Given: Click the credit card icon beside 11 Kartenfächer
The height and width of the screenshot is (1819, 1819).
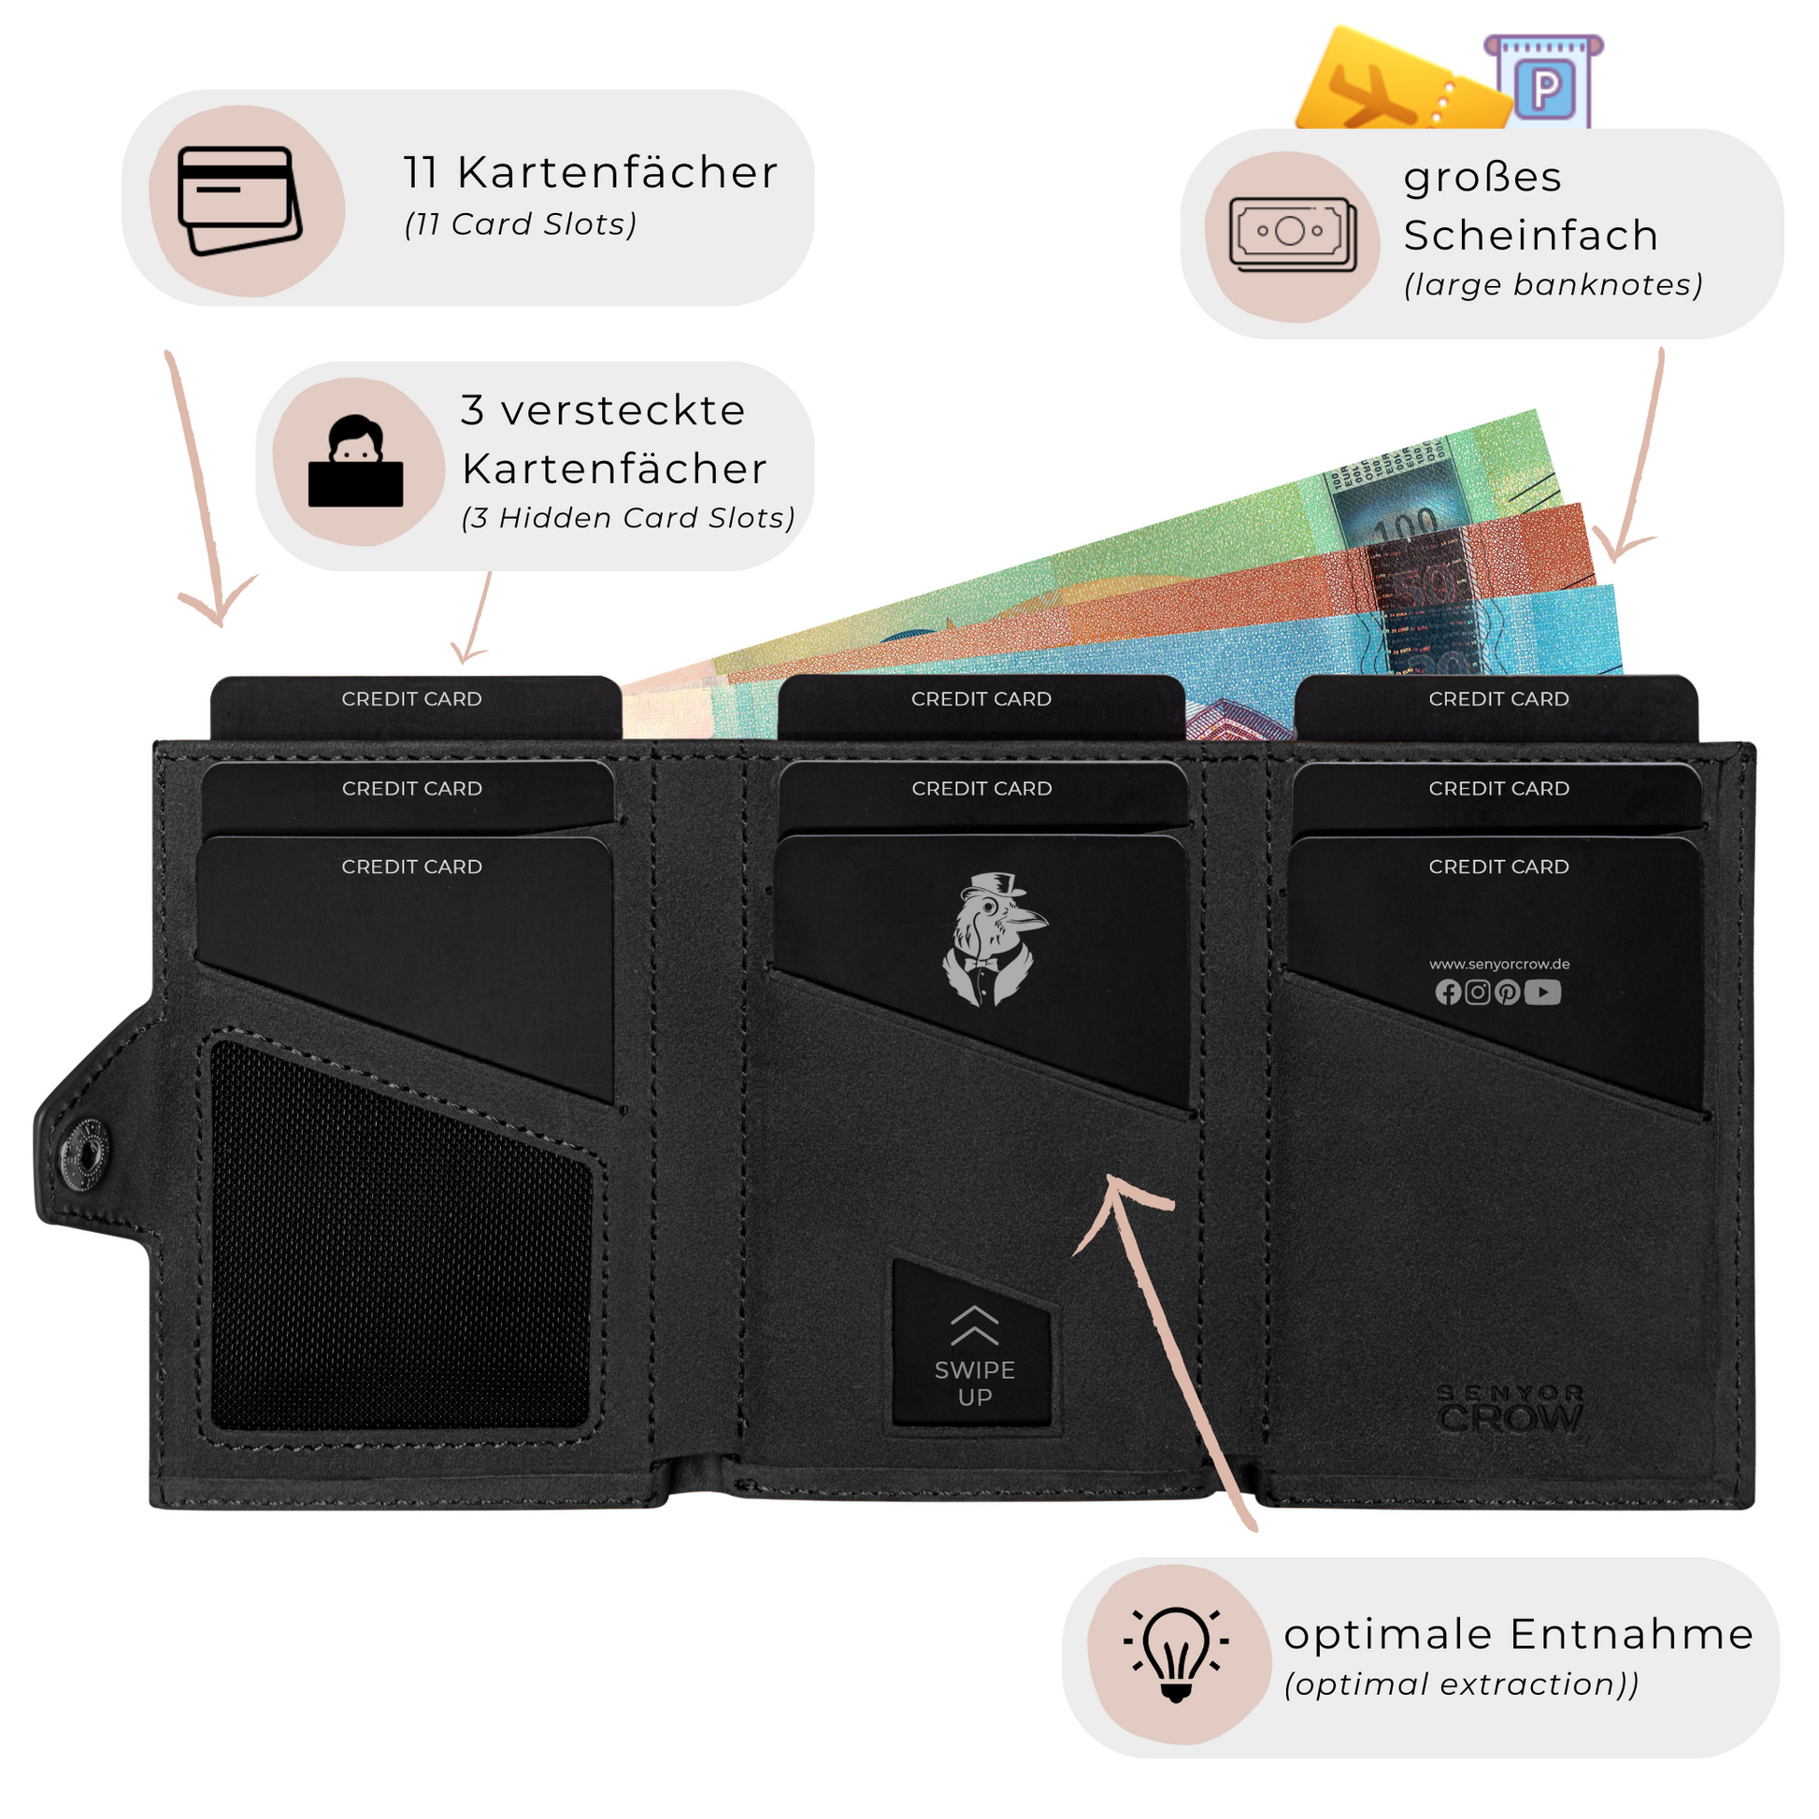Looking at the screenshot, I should click(240, 201).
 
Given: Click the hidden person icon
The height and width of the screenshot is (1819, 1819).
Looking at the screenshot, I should click(356, 462).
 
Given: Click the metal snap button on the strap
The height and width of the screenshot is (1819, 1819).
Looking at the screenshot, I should click(85, 1152).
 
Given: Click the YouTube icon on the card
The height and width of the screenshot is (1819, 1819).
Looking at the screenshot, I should click(1542, 993).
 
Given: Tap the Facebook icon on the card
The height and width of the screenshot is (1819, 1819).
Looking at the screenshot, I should click(1448, 993).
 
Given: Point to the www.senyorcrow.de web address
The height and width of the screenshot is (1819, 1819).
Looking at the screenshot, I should click(1499, 964).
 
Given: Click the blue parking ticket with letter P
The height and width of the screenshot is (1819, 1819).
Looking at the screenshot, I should click(1544, 85).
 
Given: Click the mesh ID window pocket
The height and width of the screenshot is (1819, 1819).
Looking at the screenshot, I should click(400, 1233).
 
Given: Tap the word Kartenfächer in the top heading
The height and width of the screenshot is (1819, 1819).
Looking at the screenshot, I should click(618, 173).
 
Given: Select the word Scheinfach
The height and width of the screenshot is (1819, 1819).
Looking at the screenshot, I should click(1531, 236).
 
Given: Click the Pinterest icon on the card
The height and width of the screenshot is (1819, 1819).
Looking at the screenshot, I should click(1508, 993).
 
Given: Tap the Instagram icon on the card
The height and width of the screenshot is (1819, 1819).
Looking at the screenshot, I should click(1478, 993).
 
